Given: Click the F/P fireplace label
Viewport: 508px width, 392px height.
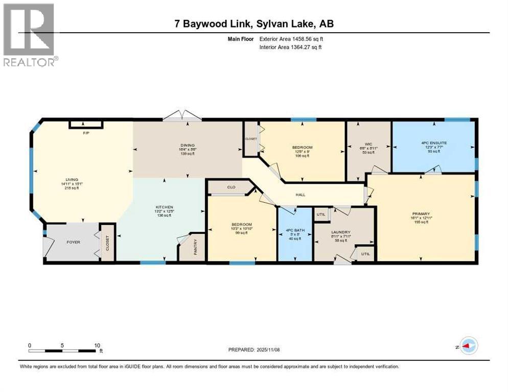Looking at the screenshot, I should (86, 133).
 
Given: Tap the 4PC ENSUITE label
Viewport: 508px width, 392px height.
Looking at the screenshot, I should (434, 143).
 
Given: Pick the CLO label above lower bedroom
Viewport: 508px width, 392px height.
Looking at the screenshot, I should (231, 187).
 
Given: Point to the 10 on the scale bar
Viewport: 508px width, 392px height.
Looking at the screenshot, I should (98, 345).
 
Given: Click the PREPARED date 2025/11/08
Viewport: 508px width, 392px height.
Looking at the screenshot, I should (254, 350).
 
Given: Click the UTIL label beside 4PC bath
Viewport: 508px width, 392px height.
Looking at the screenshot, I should (321, 215).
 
